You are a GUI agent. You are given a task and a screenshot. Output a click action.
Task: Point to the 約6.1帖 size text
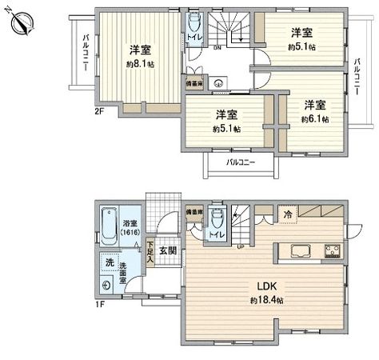tap(314, 118)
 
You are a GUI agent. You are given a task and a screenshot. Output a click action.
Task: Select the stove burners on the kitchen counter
tap(333, 251)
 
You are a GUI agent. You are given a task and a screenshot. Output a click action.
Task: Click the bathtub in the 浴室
tap(111, 227)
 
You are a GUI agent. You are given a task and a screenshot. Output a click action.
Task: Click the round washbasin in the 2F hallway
tap(217, 82)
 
